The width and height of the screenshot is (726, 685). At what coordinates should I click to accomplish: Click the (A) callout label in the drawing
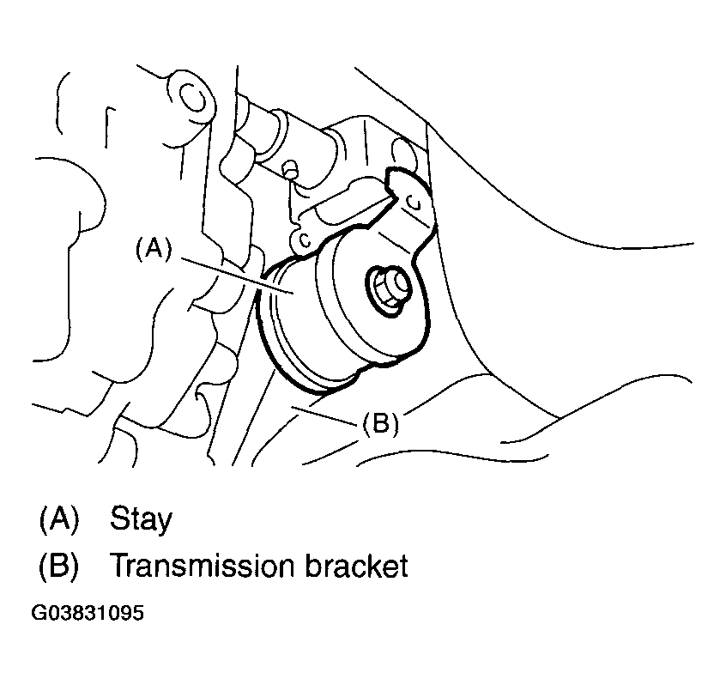pyautogui.click(x=154, y=248)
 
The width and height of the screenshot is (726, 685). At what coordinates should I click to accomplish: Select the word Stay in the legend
pyautogui.click(x=141, y=518)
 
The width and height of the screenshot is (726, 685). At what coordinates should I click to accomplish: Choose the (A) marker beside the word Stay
pyautogui.click(x=58, y=518)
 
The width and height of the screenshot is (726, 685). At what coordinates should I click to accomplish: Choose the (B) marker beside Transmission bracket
pyautogui.click(x=58, y=567)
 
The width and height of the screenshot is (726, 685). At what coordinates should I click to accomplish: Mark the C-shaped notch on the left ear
pyautogui.click(x=303, y=239)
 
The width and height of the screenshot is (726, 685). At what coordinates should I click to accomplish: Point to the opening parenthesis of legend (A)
pyautogui.click(x=43, y=518)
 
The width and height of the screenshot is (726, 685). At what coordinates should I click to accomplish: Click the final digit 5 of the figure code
pyautogui.click(x=137, y=615)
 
